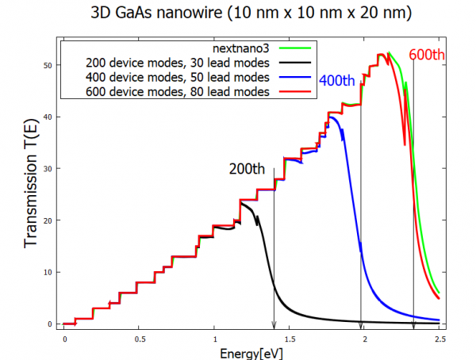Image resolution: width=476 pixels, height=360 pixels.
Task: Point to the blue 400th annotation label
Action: pyautogui.click(x=337, y=82)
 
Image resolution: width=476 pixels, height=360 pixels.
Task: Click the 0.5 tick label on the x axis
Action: pyautogui.click(x=140, y=337)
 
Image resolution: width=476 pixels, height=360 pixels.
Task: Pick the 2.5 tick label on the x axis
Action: pyautogui.click(x=439, y=337)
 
